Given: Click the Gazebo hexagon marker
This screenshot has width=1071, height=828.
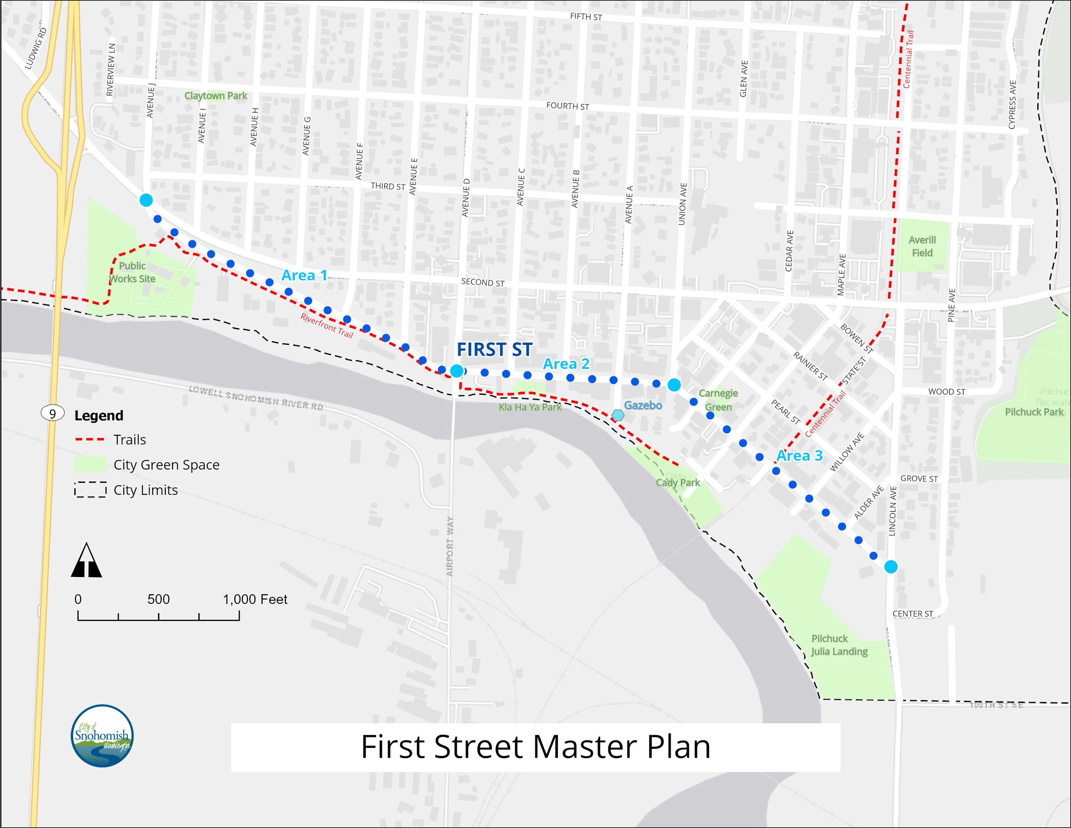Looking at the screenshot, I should (618, 415).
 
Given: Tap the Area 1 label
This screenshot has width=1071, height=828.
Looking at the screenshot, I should (304, 276).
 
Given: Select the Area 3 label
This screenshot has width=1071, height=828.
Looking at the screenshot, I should (799, 456).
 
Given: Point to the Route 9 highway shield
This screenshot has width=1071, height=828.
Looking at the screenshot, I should (52, 413).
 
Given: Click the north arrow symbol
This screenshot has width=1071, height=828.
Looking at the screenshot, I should (87, 560).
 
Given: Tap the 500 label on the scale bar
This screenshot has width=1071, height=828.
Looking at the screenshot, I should (159, 599).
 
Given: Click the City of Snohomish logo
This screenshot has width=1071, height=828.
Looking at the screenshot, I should (102, 736).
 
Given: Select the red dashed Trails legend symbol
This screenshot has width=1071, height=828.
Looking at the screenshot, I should (90, 439).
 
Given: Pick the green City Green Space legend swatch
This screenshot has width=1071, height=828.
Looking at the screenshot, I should (90, 464).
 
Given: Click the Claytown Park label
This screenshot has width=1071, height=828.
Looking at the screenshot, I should (216, 96).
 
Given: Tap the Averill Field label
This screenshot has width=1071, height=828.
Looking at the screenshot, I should (922, 246).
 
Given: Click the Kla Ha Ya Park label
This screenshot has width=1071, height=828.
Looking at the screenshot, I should (530, 407).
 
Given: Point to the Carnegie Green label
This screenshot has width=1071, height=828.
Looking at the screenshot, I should (718, 400).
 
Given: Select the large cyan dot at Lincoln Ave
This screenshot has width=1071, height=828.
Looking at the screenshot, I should (891, 567).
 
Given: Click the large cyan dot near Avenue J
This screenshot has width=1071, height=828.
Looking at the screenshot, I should (146, 200).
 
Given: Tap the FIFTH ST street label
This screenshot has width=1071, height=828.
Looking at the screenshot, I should (586, 16).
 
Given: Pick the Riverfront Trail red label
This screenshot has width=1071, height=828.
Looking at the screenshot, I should (327, 326).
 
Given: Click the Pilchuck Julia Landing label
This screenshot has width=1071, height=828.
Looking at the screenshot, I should (839, 645).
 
